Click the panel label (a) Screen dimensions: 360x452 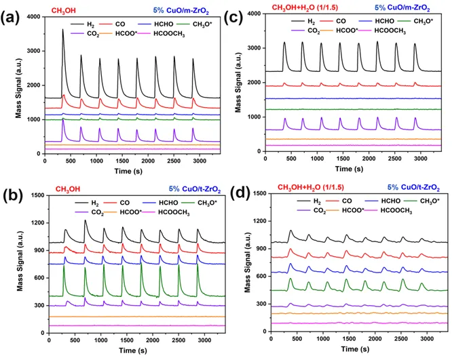(14, 16)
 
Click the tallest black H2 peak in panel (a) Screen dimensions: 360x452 (62, 31)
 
